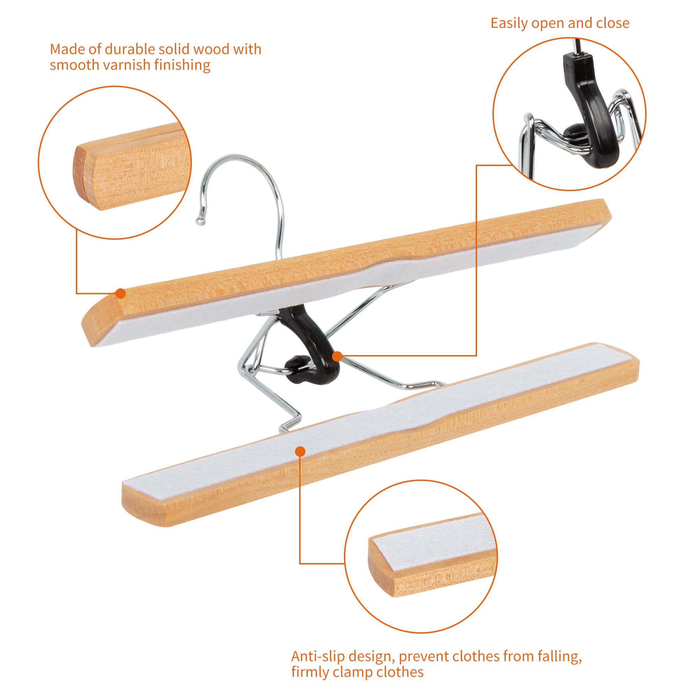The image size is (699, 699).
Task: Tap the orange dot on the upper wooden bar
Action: (x=121, y=294)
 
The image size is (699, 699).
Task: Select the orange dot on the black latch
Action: (x=337, y=356)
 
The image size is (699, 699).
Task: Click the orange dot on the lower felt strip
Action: (x=300, y=452)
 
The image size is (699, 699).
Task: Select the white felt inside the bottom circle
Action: (x=427, y=539)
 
